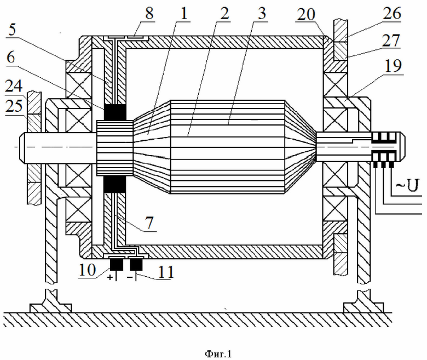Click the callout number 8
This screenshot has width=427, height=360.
pos(149,13)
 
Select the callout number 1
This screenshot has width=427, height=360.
pos(184,13)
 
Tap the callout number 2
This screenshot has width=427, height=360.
pos(224,13)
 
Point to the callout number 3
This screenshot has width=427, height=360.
pos(262,13)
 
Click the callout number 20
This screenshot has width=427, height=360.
pos(306,15)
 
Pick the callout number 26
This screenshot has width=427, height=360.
pos(392,13)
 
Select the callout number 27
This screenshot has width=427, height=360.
pos(391,41)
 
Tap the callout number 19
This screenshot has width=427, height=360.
pos(393,66)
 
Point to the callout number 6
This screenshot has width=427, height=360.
pos(11,57)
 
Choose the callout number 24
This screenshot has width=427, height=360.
pos(14,87)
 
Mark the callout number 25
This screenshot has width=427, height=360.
pos(14,105)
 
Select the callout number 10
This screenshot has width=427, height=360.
pos(87,270)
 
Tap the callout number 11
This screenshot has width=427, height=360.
pos(166,272)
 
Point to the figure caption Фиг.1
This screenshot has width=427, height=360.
pos(218,354)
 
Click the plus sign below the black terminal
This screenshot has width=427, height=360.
pos(110,277)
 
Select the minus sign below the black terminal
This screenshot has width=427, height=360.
pos(130,277)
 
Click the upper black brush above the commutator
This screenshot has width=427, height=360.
pos(114,112)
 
